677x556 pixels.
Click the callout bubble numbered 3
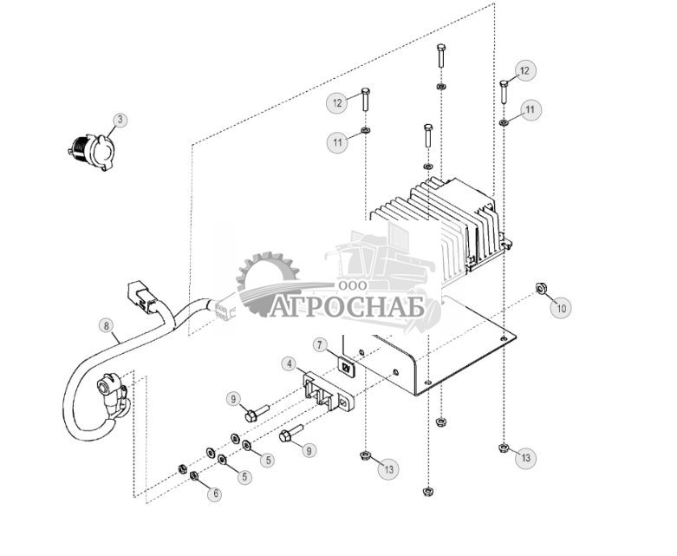click(120, 120)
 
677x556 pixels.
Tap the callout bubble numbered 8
click(106, 327)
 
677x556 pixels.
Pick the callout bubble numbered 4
click(288, 363)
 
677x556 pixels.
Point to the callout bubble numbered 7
click(320, 345)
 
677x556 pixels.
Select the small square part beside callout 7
click(347, 369)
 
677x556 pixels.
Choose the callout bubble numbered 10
click(562, 307)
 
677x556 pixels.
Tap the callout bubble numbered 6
click(215, 494)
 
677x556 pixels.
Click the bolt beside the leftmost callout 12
click(365, 100)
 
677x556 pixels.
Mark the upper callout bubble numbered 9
click(232, 399)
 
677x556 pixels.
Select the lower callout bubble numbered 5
click(245, 476)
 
